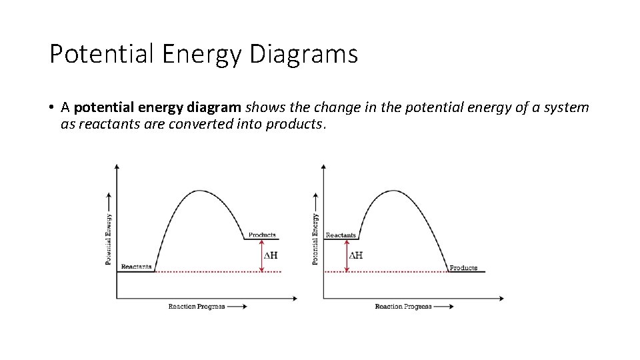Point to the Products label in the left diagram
point(262,235)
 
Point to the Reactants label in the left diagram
point(137,267)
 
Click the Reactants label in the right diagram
point(341,235)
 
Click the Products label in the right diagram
point(463,268)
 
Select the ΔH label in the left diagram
point(271,255)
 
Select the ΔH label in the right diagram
point(356,255)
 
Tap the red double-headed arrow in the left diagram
point(261,255)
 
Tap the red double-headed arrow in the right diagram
point(347,255)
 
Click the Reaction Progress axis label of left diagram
point(197,307)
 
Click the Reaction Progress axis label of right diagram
point(403,307)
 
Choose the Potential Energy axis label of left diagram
point(109,239)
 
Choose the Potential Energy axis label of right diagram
point(316,239)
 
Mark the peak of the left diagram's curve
point(201,191)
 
